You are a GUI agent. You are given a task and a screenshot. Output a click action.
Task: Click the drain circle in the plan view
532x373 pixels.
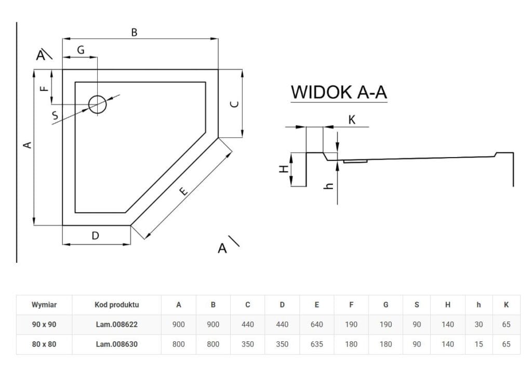click(x=97, y=105)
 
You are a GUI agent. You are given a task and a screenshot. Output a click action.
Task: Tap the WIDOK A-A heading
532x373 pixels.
click(x=339, y=92)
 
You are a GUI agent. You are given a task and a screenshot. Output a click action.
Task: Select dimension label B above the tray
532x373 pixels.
click(x=134, y=32)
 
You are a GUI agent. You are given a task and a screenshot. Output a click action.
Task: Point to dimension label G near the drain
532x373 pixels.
click(x=81, y=50)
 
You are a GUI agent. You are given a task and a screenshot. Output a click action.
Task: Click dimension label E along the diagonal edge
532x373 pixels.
click(x=183, y=191)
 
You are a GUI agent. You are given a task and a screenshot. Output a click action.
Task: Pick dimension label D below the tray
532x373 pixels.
click(x=95, y=236)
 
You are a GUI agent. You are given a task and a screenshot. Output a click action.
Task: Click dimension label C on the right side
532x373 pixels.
click(x=234, y=104)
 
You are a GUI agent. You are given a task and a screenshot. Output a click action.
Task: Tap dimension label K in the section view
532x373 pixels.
click(x=352, y=120)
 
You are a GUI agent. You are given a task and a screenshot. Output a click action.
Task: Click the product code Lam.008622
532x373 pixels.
click(x=116, y=324)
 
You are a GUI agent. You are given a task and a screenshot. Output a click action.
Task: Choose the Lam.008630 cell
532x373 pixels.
click(x=116, y=344)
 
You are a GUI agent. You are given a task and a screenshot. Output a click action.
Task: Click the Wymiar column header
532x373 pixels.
click(x=44, y=305)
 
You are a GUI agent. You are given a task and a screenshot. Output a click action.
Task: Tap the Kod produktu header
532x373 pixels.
click(x=116, y=305)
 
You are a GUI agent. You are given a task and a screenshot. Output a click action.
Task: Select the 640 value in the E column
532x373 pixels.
click(x=316, y=324)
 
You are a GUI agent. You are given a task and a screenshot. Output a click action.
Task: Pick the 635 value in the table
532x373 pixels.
click(x=316, y=344)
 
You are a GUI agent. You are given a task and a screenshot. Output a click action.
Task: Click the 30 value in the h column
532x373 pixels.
click(x=478, y=324)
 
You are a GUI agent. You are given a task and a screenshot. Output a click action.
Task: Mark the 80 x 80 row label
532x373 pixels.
click(x=44, y=344)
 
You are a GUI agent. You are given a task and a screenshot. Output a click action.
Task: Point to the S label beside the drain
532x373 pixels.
click(x=56, y=117)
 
